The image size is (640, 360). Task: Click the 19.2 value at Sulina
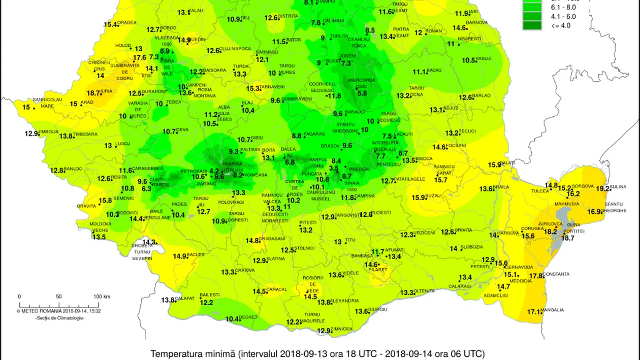coord(603,188)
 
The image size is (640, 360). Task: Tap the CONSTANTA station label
coord(556,274)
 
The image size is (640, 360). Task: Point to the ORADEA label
coord(127,22)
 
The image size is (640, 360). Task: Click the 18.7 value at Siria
coord(93,93)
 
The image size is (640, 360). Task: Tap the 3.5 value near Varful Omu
coord(334,168)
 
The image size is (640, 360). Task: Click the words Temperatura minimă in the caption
coord(190,353)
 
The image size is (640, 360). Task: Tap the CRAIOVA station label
coord(245,270)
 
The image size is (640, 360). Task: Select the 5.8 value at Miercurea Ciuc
coord(362,93)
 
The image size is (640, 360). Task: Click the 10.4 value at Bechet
coord(232,319)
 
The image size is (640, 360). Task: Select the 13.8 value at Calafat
coord(168,300)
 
